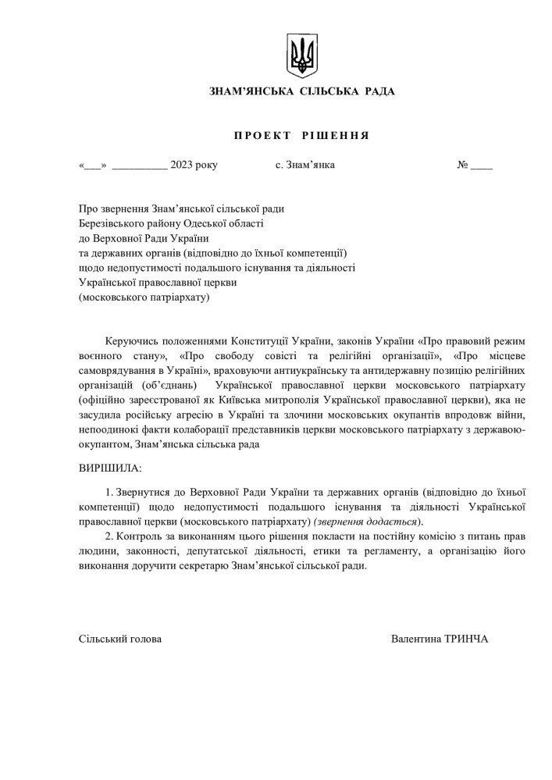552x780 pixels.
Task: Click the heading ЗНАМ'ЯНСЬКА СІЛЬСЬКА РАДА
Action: (x=302, y=92)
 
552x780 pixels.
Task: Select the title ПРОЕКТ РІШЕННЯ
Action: (x=301, y=135)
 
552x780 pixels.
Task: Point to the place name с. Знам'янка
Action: (x=305, y=166)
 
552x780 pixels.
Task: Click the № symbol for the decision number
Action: (x=462, y=166)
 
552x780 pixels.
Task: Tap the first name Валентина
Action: (x=416, y=639)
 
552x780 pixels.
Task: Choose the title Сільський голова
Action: (x=120, y=639)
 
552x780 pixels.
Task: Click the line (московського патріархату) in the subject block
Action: (x=144, y=297)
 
